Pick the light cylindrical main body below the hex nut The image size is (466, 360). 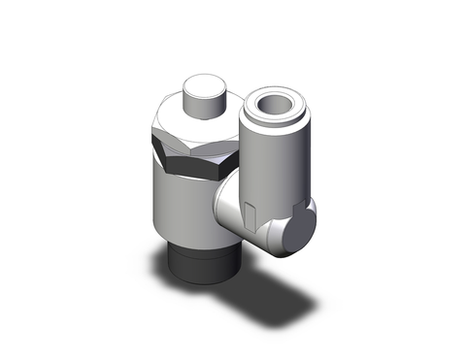[x=181, y=209]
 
